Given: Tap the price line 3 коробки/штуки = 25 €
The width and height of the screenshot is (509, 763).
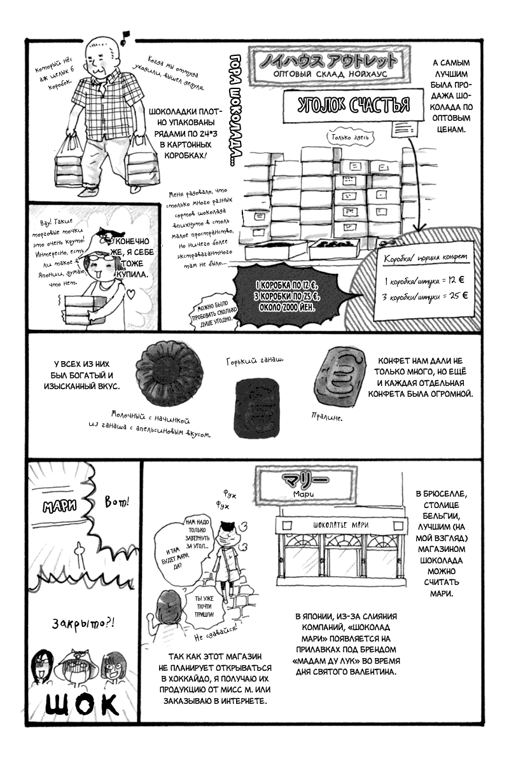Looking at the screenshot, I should point(425,296).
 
